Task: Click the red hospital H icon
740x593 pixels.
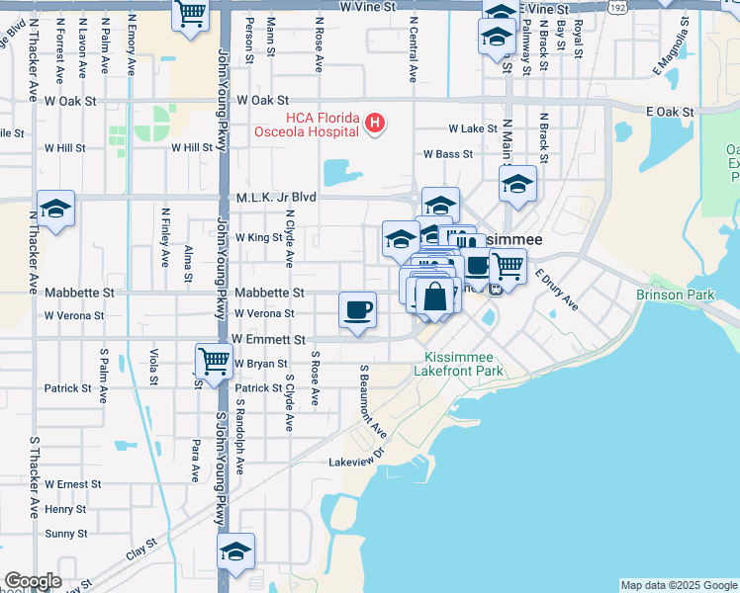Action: (375, 124)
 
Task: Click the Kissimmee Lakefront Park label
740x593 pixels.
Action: (463, 364)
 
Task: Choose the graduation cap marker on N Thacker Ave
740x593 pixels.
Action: (56, 209)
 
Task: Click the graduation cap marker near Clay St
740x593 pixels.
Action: (236, 552)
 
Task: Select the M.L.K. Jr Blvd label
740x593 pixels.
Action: (275, 198)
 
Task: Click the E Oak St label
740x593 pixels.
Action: (673, 113)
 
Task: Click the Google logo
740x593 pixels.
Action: (33, 581)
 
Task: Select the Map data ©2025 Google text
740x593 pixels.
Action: (679, 585)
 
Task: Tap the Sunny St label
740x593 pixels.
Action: (65, 534)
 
